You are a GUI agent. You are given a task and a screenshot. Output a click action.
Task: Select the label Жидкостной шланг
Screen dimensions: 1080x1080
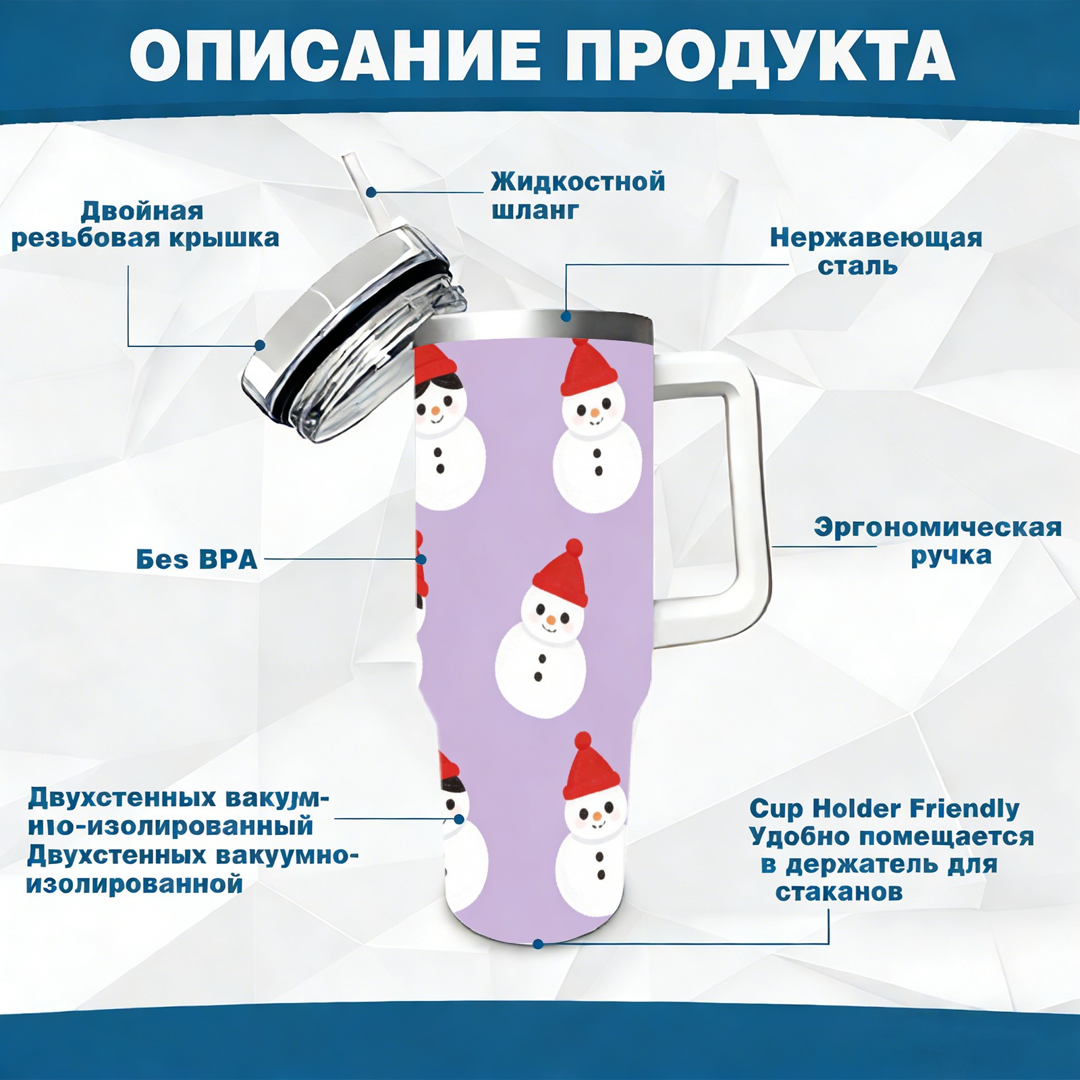(578, 196)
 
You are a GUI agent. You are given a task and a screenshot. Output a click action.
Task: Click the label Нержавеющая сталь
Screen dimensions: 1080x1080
(875, 251)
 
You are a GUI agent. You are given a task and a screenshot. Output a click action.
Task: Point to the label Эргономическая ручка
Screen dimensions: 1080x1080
(938, 541)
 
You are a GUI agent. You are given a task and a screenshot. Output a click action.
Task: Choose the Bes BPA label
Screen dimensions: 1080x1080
(196, 560)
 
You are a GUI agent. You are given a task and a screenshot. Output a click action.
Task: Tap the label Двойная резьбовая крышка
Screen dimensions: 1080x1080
(145, 225)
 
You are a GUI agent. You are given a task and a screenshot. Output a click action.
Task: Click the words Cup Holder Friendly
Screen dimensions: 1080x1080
(884, 808)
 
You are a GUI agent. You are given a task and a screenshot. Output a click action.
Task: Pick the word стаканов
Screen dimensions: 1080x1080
(839, 892)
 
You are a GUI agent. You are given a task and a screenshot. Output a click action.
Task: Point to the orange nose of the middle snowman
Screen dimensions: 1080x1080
(551, 620)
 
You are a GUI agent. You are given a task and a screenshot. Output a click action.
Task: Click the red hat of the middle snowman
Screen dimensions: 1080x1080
(560, 573)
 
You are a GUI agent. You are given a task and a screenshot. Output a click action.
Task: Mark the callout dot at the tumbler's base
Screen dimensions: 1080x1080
(538, 943)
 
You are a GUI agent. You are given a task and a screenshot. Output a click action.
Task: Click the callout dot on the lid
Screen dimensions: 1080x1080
(259, 345)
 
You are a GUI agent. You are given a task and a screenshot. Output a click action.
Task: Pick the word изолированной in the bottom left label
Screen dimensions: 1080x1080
(134, 884)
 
